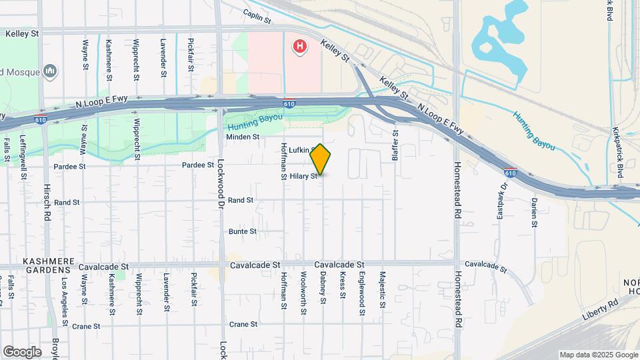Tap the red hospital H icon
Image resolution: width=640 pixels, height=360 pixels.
click(301, 47)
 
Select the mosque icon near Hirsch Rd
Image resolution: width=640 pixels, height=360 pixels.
click(50, 71)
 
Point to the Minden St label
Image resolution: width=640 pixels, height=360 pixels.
click(242, 137)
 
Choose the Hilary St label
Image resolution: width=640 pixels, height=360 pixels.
click(303, 177)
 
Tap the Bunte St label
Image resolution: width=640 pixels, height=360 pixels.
click(243, 231)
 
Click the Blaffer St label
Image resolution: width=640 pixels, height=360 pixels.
click(395, 142)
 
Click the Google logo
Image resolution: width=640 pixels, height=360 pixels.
click(21, 352)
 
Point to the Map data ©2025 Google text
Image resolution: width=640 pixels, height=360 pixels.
click(598, 355)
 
